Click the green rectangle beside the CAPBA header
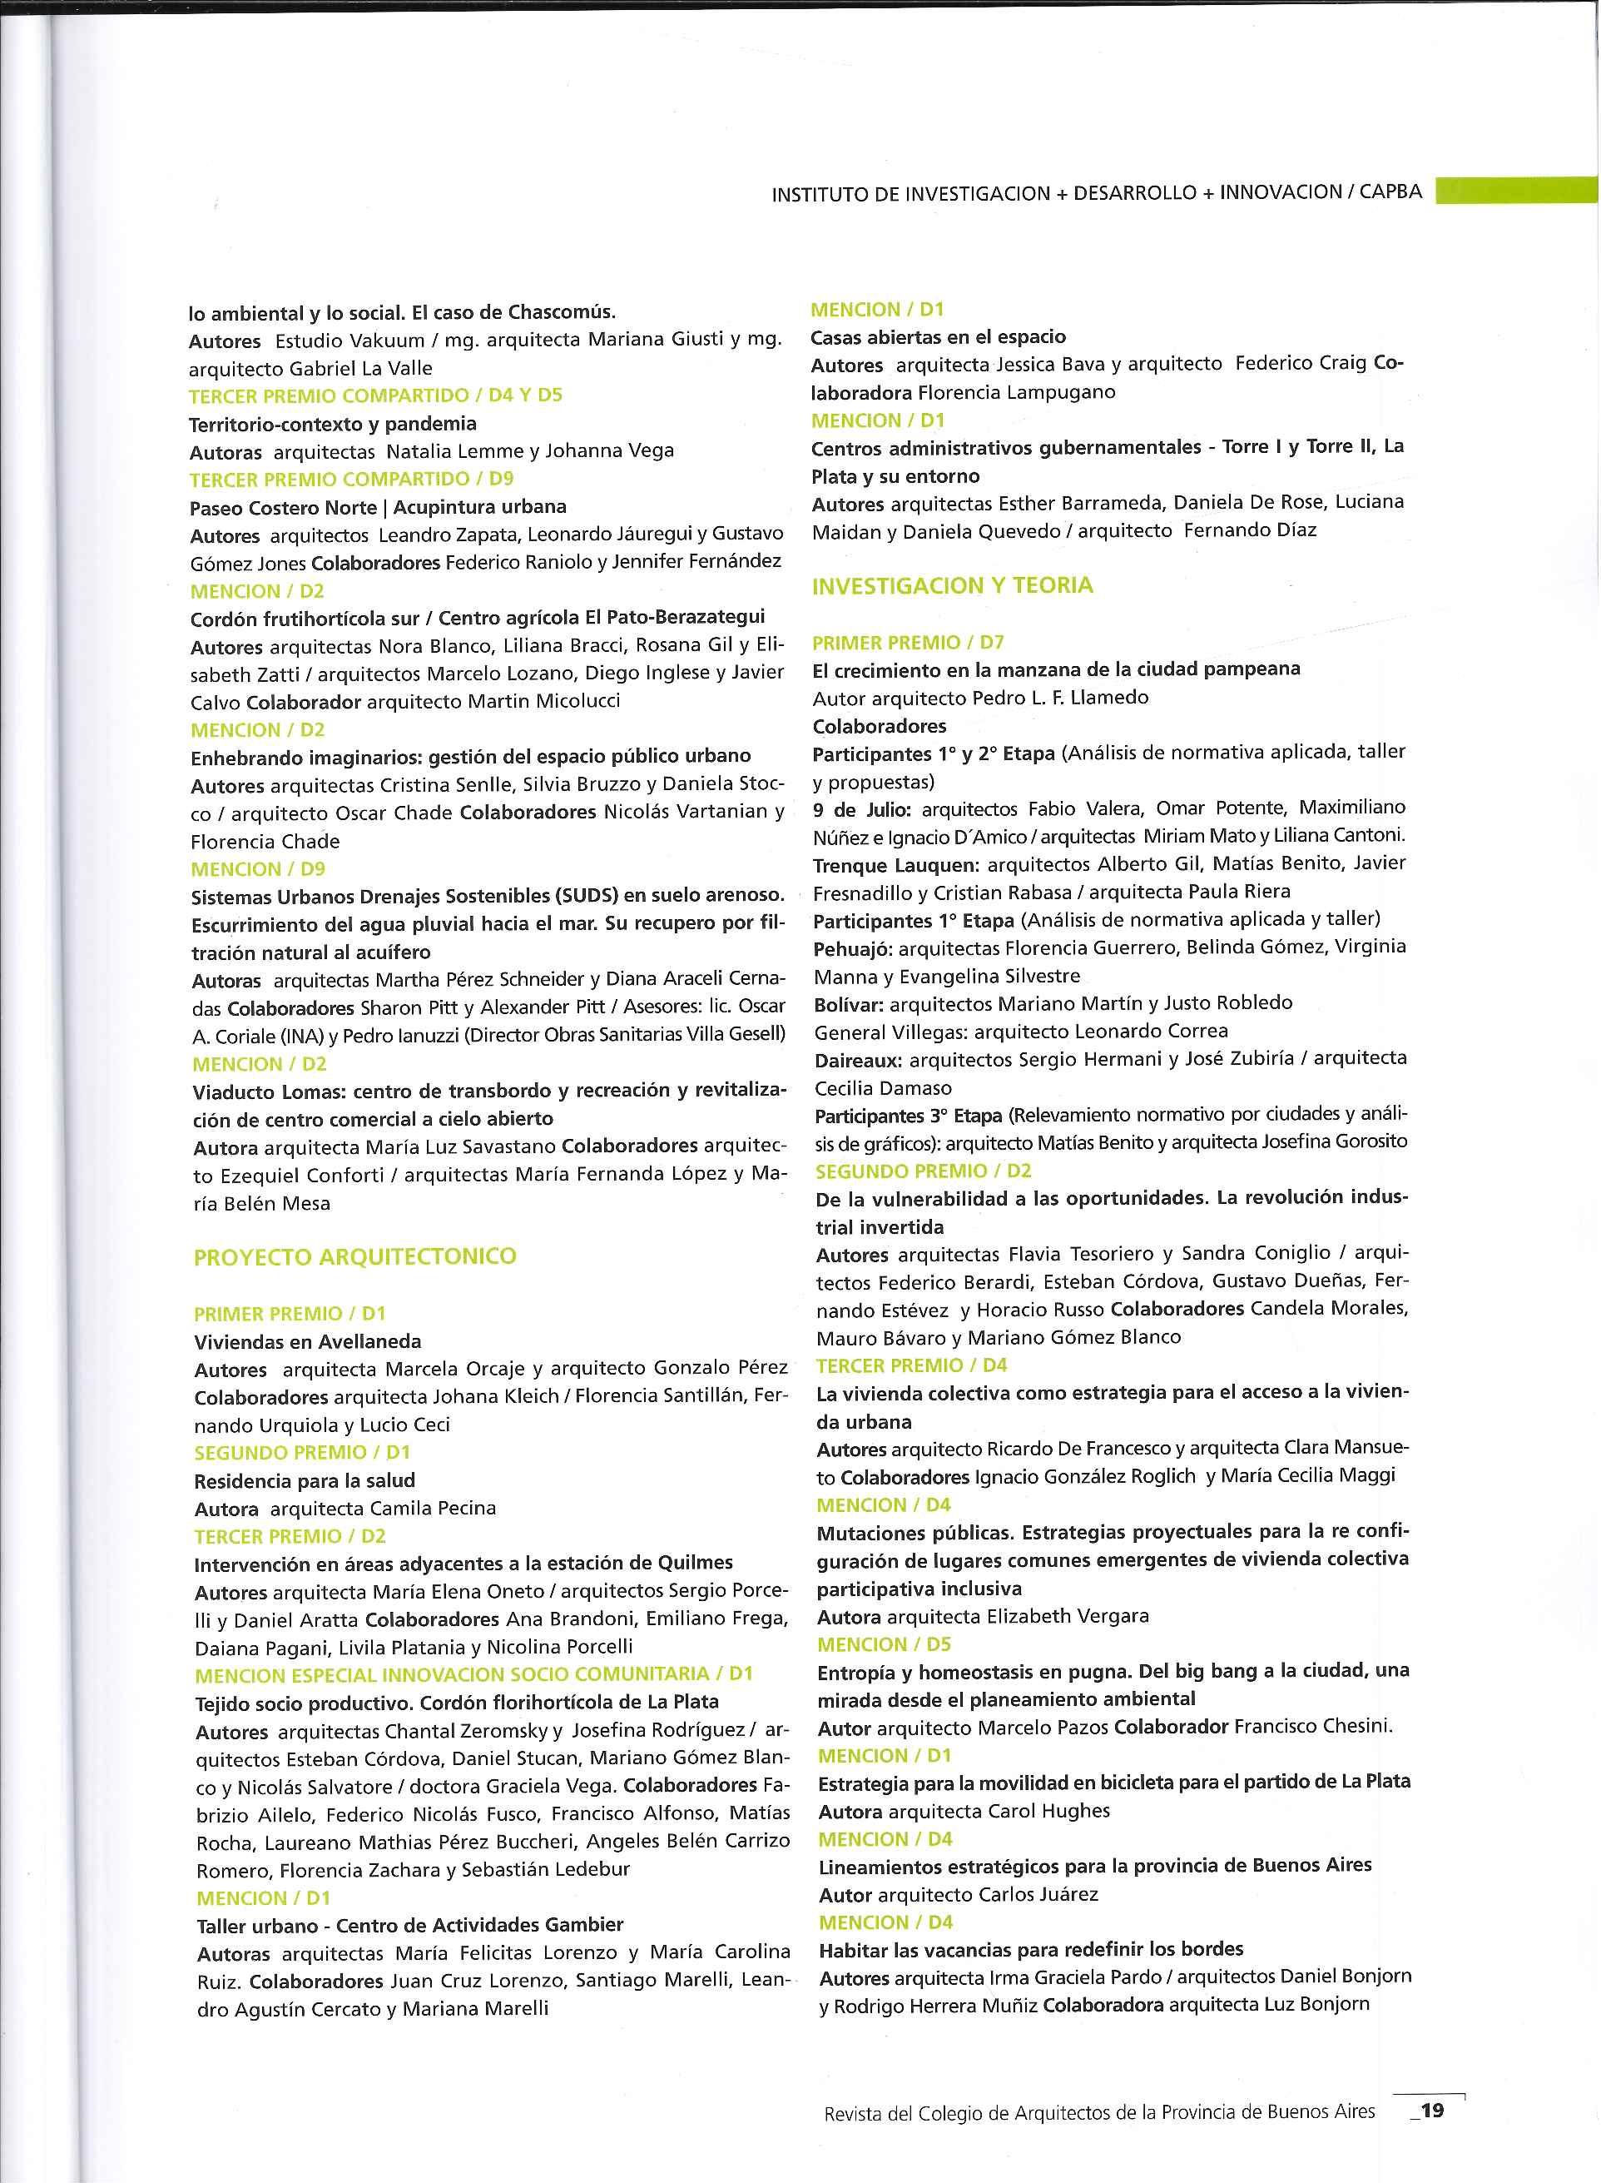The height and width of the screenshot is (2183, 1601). coord(1516,190)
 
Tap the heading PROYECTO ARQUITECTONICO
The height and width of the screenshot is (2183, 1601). coord(354,1256)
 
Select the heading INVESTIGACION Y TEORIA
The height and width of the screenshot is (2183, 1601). coord(952,585)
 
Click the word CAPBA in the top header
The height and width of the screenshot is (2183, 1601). coord(1390,192)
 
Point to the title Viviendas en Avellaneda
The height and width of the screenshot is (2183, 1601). coord(307,1341)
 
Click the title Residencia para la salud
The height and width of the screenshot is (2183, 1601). coord(305,1480)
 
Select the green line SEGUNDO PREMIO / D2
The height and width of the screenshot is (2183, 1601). coord(924,1170)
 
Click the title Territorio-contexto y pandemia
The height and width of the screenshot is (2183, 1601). coord(332,424)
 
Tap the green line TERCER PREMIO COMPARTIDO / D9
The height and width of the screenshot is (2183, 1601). coord(351,479)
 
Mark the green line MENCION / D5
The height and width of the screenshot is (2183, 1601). coord(884,1644)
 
